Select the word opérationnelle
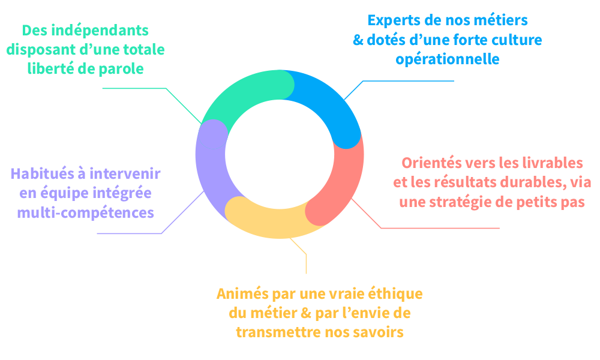(448, 60)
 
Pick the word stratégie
(477, 202)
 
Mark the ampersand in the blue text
(358, 41)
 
